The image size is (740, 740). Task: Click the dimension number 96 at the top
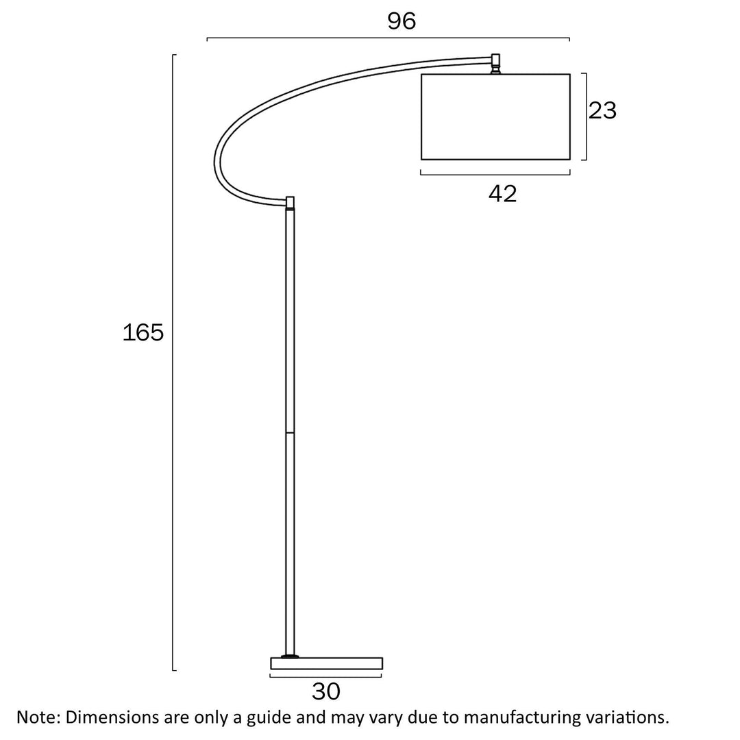(x=402, y=21)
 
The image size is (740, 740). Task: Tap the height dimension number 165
(x=143, y=333)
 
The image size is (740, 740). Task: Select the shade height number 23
(x=603, y=110)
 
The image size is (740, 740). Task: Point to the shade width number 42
(x=502, y=194)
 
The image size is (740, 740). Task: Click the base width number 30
(x=326, y=691)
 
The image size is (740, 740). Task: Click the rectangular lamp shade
(x=495, y=116)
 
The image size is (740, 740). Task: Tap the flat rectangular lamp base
(x=326, y=663)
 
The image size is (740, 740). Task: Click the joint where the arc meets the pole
(x=291, y=202)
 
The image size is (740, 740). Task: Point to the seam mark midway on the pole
(x=290, y=432)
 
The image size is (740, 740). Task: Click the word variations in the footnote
(x=628, y=717)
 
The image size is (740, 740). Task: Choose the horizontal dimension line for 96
(x=388, y=38)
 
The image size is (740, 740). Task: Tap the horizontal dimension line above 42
(x=495, y=174)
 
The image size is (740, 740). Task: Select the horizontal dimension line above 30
(x=326, y=677)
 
